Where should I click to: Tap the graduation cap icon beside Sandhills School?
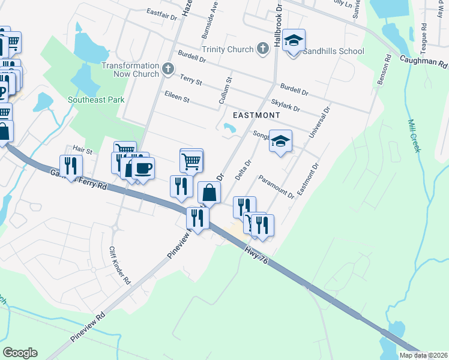point(294,41)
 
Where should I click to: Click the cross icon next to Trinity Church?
point(262,49)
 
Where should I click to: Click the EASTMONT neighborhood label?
point(256,115)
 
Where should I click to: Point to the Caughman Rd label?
point(423,61)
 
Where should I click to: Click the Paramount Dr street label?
point(276,186)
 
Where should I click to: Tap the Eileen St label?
point(177,97)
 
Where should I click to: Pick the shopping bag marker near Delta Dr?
point(209,193)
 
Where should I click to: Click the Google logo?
point(20,353)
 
